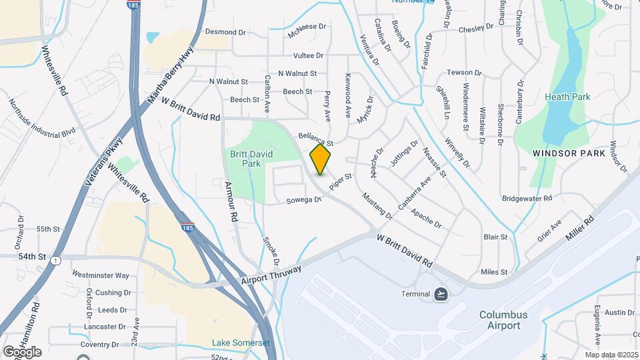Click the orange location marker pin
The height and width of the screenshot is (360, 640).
point(321,159)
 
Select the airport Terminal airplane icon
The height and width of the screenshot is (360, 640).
point(441,294)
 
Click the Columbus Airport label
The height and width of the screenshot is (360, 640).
point(503,320)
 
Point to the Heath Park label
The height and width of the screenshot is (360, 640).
point(567,97)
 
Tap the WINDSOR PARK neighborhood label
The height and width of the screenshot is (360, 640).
point(569,153)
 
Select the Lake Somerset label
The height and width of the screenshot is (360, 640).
point(241,343)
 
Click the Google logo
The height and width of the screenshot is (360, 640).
point(22,351)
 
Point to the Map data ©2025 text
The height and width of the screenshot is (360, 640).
point(611,355)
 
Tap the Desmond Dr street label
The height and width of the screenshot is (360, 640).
point(225,32)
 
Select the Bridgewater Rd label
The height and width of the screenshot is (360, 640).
point(527,198)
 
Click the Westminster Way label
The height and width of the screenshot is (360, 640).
point(100,275)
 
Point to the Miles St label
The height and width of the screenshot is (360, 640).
point(494,272)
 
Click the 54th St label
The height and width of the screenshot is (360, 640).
point(32,256)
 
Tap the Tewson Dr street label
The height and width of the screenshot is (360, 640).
point(464,72)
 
